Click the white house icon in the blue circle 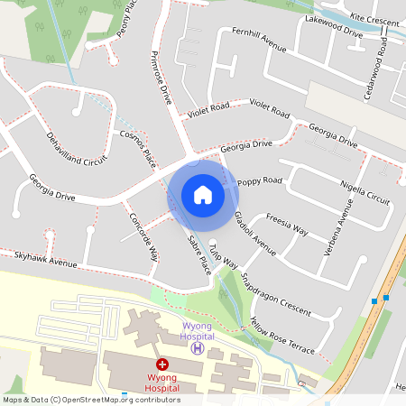(202, 194)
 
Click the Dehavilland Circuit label (76, 150)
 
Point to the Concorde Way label (143, 236)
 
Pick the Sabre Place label (198, 254)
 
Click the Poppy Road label (260, 181)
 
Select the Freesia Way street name (288, 223)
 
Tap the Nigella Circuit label (366, 193)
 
